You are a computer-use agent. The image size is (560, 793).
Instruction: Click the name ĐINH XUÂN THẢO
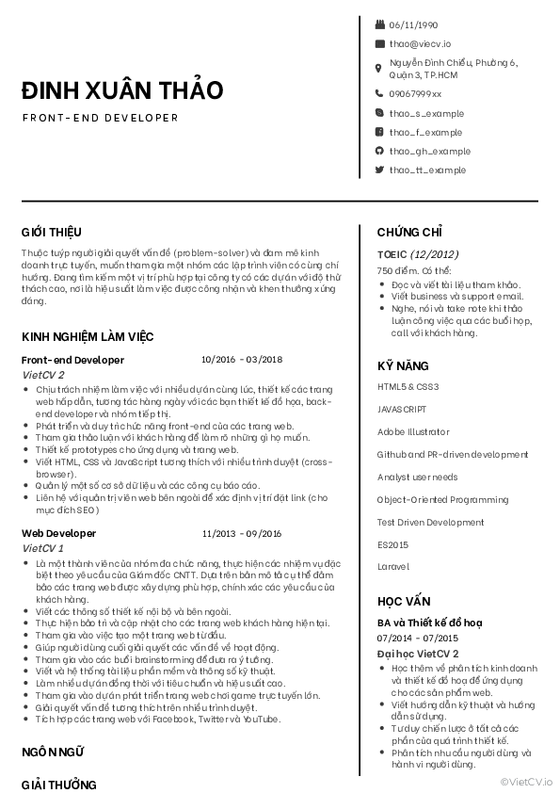pos(122,90)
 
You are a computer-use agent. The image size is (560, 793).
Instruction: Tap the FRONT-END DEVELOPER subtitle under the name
pos(100,119)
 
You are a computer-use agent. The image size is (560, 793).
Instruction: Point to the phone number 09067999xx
pos(415,93)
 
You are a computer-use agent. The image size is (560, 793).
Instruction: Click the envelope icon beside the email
pos(379,43)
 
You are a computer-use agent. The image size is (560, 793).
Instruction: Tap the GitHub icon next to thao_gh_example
pos(379,151)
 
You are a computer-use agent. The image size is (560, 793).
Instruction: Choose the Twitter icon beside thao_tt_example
pos(379,170)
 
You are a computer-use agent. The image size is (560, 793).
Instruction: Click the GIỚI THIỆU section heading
pos(52,232)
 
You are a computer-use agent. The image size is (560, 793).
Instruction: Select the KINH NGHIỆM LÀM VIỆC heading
pos(88,337)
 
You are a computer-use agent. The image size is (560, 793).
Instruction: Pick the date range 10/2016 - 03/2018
pos(242,360)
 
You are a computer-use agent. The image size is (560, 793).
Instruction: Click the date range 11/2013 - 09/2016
pos(242,533)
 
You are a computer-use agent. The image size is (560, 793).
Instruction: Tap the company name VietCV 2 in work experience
pos(42,374)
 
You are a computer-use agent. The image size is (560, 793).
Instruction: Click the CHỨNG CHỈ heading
pos(409,232)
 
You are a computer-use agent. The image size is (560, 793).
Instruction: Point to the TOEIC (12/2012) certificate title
pos(418,254)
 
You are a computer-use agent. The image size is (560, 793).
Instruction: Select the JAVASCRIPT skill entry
pos(402,410)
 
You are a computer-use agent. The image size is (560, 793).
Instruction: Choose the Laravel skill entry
pos(393,567)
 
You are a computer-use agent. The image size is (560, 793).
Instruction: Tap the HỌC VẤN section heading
pos(404,601)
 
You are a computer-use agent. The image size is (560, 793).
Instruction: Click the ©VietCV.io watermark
pos(527,781)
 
